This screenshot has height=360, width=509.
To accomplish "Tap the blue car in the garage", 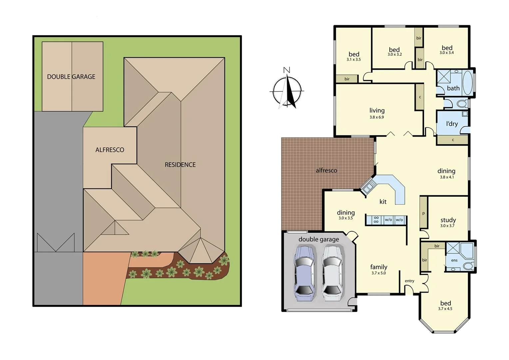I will tap(304, 273).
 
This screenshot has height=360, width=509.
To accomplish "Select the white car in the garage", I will tap(332, 273).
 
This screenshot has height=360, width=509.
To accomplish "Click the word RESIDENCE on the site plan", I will tap(180, 165).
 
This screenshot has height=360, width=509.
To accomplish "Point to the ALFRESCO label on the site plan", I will tap(110, 150).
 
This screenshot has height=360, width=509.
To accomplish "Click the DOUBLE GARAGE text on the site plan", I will tap(71, 77).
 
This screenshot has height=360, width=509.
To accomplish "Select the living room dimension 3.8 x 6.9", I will tap(376, 117).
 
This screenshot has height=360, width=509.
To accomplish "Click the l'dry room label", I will tap(452, 124).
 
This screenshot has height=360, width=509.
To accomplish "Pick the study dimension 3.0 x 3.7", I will tap(447, 226).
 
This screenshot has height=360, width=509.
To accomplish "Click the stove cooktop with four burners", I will tap(376, 220).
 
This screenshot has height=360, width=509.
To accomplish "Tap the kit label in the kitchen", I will tap(383, 202).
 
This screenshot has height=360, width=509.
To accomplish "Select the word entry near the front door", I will tap(409, 281).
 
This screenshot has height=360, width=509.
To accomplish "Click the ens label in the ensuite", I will tap(454, 260).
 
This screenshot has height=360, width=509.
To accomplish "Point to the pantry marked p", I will tap(423, 213).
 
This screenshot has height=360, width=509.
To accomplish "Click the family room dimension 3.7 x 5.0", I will tap(378, 273).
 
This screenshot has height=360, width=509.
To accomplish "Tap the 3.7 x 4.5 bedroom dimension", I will tap(445, 309).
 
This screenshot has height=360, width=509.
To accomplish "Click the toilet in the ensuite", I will tap(468, 266).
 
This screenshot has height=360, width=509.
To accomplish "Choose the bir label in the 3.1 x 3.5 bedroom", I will tap(347, 79).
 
